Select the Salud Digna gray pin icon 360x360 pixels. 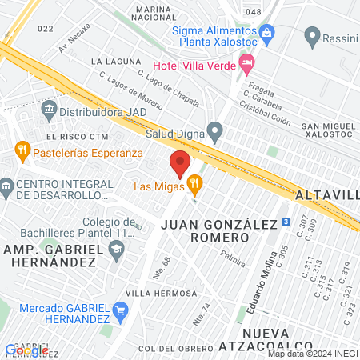coord(214,130)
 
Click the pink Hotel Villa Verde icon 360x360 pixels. coord(247,62)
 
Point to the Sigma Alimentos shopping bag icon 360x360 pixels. coord(268,33)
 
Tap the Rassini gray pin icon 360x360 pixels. coord(312,37)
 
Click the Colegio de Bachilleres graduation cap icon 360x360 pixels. coord(116,250)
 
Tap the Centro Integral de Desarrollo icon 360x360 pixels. coord(6,189)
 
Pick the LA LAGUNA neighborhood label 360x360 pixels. coord(110,61)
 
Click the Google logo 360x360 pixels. coord(26,350)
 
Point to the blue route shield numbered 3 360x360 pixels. coord(286,222)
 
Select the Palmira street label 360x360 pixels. coord(234,261)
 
